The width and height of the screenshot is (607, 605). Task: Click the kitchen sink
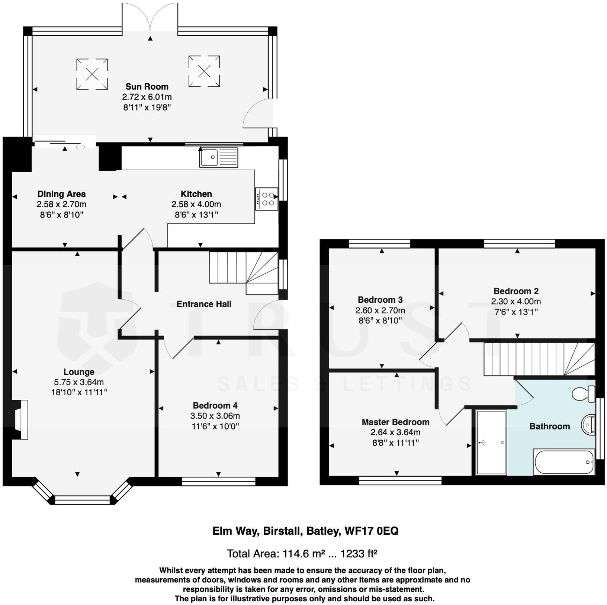(x=218, y=157)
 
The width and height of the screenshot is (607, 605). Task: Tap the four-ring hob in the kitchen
(x=267, y=199)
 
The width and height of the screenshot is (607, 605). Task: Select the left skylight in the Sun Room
(x=92, y=74)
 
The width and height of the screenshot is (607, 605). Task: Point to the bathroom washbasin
(x=588, y=424)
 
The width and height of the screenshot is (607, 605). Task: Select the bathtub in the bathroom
(x=564, y=462)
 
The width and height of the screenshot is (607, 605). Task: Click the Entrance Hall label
(x=204, y=304)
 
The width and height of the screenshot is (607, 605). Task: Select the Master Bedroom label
(x=395, y=422)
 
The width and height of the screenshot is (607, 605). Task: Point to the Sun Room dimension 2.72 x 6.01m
(x=147, y=97)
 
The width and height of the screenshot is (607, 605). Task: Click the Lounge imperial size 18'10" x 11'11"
(x=79, y=392)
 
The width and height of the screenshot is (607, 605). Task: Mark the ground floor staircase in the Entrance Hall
(x=244, y=272)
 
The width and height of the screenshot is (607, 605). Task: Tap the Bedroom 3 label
(x=380, y=300)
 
